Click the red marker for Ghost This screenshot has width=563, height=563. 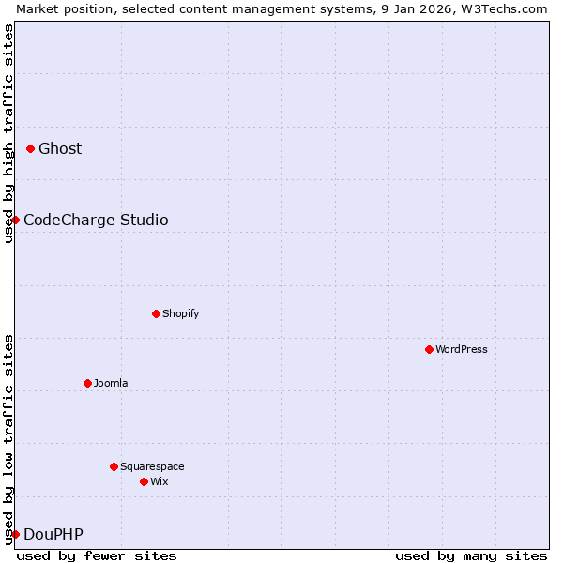30,148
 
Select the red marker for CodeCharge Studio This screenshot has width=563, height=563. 15,220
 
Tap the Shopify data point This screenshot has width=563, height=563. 156,313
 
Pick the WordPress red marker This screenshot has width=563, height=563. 429,349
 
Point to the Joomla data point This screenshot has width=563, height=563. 87,383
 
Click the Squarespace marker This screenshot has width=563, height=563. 114,466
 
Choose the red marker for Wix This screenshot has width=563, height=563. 144,481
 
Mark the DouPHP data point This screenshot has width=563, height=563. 15,534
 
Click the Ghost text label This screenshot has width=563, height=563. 60,148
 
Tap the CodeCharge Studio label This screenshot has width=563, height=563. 96,220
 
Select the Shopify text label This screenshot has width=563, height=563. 180,313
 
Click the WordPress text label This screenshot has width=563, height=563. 461,349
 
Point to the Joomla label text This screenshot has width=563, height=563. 111,383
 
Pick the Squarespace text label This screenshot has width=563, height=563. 152,466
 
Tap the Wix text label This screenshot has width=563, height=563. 160,481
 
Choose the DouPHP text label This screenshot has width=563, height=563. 53,534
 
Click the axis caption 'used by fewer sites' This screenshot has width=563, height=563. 97,555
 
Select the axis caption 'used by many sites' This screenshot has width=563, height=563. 471,555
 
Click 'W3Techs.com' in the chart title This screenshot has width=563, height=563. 510,8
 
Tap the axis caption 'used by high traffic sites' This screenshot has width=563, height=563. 8,133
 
